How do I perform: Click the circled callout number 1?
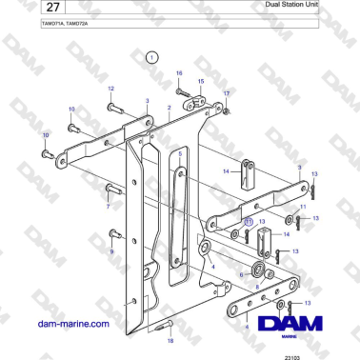(150, 58)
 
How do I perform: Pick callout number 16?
(178, 73)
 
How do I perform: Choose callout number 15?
(200, 82)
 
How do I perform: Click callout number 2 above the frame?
(170, 109)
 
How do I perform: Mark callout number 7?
(109, 206)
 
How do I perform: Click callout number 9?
(110, 250)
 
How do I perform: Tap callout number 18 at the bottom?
(170, 339)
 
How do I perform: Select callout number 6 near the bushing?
(241, 274)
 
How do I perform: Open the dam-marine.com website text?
(73, 324)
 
